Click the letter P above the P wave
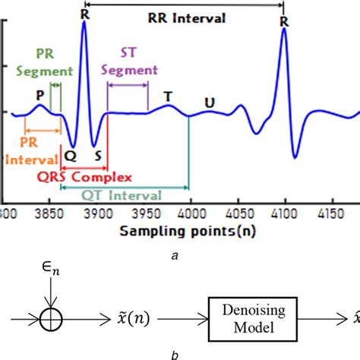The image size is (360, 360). click(x=40, y=96)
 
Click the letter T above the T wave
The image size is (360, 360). click(x=168, y=96)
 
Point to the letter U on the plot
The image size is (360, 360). click(x=209, y=103)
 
